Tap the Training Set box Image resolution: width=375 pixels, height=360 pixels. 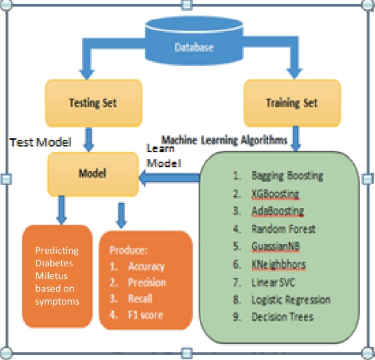(x=292, y=102)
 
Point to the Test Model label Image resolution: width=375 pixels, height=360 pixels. (x=42, y=142)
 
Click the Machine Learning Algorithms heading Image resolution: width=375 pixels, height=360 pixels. (x=224, y=140)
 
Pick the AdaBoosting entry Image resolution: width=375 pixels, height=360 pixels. (x=278, y=211)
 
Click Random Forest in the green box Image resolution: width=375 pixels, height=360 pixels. (x=283, y=228)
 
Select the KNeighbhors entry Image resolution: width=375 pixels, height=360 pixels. (x=278, y=264)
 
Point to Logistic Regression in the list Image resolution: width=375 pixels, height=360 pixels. (x=291, y=299)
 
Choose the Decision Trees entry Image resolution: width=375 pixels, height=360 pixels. (x=282, y=317)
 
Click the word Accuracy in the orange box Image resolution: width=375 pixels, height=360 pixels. (x=146, y=267)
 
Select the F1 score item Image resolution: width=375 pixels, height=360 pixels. (x=145, y=315)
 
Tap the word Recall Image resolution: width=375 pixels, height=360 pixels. (x=140, y=299)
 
